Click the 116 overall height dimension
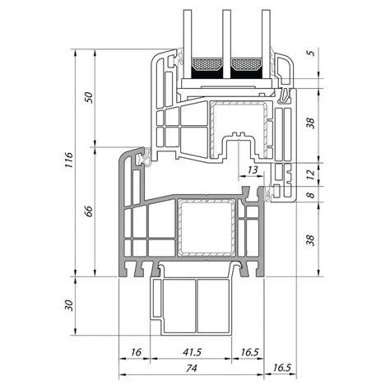tap(68, 160)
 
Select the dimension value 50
tap(89, 98)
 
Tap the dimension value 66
tap(89, 211)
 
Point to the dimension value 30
tap(68, 305)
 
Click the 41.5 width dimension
tap(193, 352)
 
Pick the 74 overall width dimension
tap(191, 368)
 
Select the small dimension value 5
tap(312, 52)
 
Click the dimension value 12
tap(310, 174)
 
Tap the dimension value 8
tap(310, 195)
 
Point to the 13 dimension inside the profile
tap(253, 170)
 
